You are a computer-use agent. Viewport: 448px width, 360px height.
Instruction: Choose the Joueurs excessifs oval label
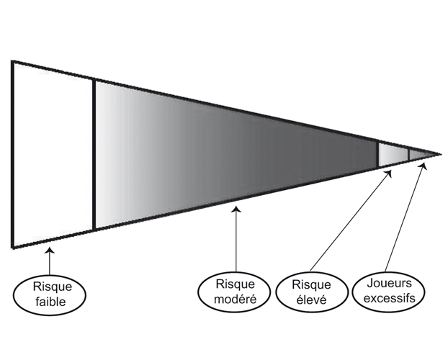click(x=390, y=290)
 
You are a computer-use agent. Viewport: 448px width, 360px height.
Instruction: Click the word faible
click(x=49, y=302)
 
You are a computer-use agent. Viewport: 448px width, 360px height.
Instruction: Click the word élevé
click(x=311, y=300)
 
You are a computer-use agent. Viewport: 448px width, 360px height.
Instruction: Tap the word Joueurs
click(x=390, y=283)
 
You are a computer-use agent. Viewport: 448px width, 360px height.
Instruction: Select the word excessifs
click(x=390, y=297)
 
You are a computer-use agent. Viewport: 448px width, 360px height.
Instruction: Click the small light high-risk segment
click(x=393, y=154)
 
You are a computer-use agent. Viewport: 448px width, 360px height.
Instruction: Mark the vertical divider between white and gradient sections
click(x=94, y=155)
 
